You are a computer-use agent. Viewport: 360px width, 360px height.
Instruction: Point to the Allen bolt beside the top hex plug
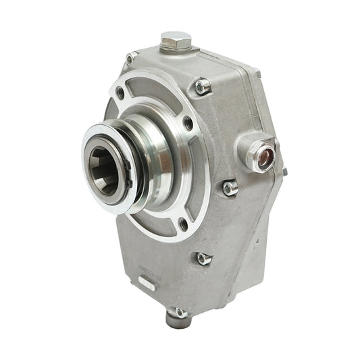[202, 86]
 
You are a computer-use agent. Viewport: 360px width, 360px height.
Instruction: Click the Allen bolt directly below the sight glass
[231, 187]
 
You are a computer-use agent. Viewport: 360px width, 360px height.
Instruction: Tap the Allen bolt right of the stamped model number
[203, 257]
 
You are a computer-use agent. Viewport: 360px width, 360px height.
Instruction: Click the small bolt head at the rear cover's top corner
[257, 72]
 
